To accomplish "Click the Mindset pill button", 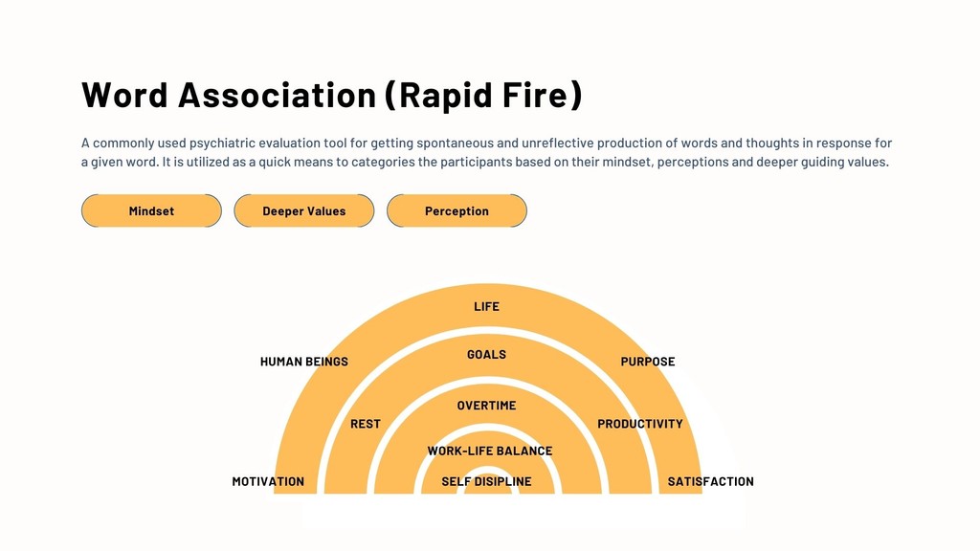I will (151, 210).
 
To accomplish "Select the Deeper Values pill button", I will (303, 210).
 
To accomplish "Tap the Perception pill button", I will (457, 210).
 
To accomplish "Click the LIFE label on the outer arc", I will (486, 306).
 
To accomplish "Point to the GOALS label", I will (486, 354).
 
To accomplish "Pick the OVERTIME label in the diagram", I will (486, 406).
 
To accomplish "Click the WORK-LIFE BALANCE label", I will (489, 451).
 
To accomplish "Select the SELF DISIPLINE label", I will (486, 481).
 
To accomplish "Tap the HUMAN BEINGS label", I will (304, 362).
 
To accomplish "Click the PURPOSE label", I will (648, 362).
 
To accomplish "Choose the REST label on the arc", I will (366, 424).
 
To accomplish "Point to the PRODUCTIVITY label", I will (640, 424).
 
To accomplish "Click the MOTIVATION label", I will (268, 481).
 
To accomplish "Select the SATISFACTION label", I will (710, 481).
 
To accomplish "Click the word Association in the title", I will (278, 95).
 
